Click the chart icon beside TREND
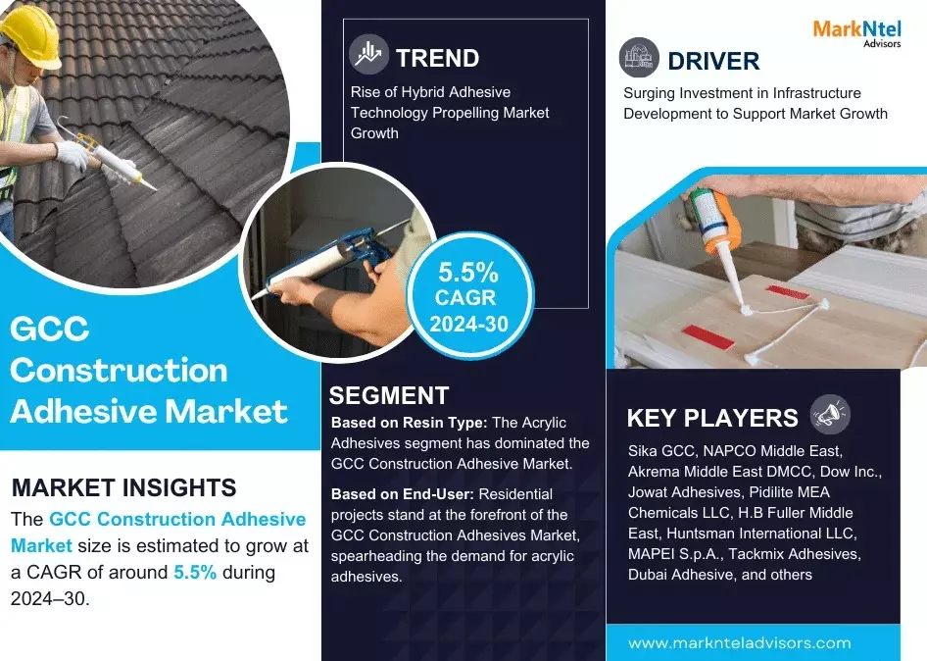[370, 56]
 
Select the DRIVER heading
[713, 61]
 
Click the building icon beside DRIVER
[639, 58]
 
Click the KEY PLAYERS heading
[712, 418]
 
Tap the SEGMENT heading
[389, 395]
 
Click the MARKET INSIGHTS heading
[123, 487]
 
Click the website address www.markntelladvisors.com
[740, 643]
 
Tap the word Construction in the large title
[119, 370]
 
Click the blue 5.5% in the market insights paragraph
[195, 571]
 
